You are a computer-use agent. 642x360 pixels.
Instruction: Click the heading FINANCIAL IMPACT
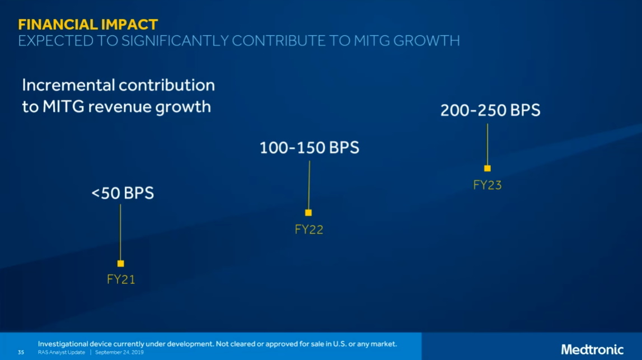88,25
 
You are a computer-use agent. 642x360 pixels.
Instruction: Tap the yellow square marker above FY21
120,263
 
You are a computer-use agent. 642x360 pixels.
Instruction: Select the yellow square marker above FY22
308,213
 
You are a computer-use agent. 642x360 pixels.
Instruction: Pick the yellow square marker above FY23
488,168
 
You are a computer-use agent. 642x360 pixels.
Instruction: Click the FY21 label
121,279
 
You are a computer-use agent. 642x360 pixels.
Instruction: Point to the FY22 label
309,230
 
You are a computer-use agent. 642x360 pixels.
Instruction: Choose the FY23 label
488,185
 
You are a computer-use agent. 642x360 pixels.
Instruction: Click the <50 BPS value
122,193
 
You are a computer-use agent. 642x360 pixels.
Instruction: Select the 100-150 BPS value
309,148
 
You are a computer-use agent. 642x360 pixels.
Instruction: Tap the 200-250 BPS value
490,110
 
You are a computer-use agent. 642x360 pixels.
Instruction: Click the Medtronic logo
592,349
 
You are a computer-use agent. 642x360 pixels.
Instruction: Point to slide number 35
21,352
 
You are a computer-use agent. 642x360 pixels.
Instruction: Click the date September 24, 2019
119,352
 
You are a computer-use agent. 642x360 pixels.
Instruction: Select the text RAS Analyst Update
62,352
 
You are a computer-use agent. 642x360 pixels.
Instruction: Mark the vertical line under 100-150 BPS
309,185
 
